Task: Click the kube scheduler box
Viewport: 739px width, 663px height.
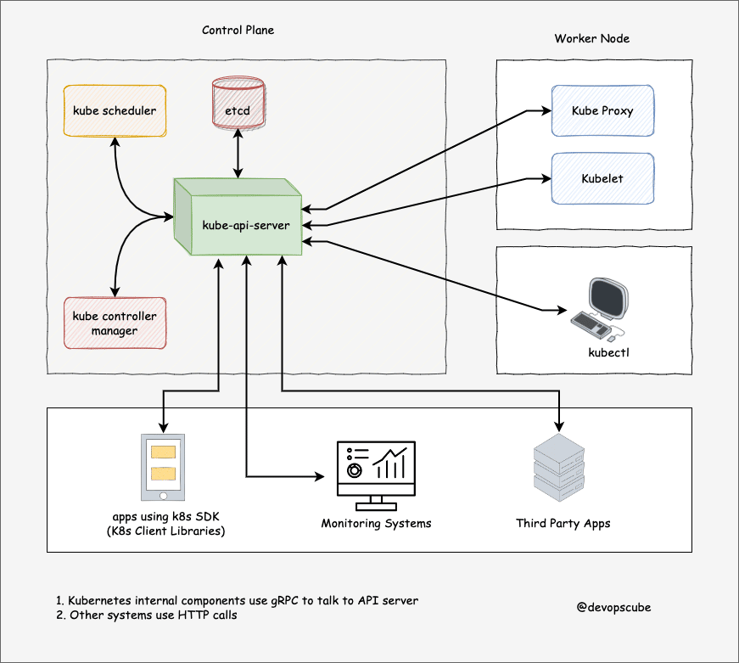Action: [115, 110]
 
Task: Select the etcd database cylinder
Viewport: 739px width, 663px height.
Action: [238, 104]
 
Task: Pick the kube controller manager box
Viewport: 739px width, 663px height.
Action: [115, 323]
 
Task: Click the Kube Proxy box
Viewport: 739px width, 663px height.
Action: [602, 110]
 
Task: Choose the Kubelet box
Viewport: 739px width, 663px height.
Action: [602, 178]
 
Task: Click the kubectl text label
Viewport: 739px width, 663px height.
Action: [609, 351]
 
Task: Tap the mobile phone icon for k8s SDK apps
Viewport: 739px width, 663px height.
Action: [162, 468]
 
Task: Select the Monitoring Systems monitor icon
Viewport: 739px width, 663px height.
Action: [376, 469]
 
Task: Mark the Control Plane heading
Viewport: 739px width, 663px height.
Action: [238, 31]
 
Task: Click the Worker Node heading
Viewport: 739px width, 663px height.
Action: [592, 39]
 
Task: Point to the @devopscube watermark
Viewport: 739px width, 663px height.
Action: [613, 607]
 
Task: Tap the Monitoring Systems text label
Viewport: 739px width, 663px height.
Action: [376, 523]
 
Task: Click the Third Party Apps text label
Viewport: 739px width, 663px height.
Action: [563, 523]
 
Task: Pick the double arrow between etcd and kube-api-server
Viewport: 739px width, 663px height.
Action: [238, 155]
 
